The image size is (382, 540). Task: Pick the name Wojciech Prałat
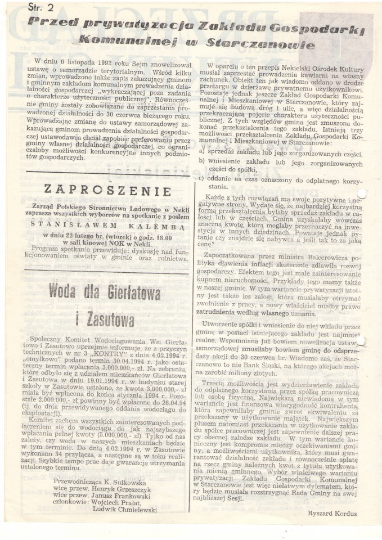(x=130, y=502)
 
